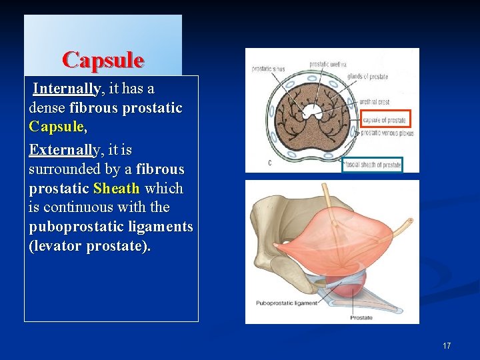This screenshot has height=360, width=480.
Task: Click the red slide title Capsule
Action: click(x=103, y=60)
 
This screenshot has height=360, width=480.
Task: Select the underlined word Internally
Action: click(x=67, y=89)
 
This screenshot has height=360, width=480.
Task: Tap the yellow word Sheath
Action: click(x=117, y=189)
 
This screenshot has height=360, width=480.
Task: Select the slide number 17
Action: click(x=446, y=345)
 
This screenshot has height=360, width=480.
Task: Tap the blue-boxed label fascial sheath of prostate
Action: click(x=372, y=165)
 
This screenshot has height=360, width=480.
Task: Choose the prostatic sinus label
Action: click(x=267, y=69)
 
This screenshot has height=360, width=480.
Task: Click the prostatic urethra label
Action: click(x=327, y=65)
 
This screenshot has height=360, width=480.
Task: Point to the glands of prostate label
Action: click(x=367, y=77)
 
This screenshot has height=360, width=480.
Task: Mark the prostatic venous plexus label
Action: click(x=387, y=133)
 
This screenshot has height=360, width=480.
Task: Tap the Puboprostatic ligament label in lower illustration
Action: click(x=287, y=303)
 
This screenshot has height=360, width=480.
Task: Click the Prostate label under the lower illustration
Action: click(x=361, y=317)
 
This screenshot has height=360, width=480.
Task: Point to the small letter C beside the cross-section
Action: click(x=269, y=163)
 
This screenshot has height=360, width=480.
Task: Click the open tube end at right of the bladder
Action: click(x=410, y=220)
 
